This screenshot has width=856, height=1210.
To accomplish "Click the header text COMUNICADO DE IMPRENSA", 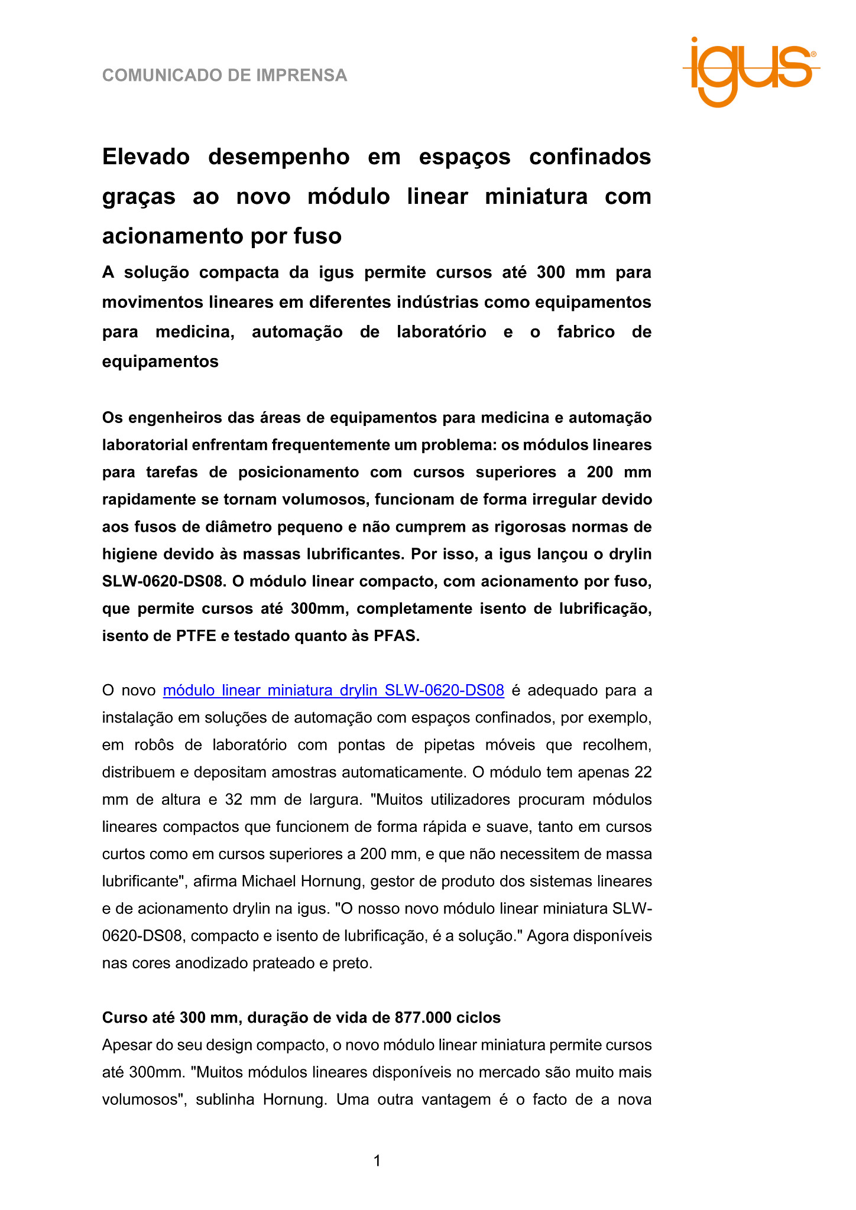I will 225,76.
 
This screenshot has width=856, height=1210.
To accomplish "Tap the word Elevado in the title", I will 145,157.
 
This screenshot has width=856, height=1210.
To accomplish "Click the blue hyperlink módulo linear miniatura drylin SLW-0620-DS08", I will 333,690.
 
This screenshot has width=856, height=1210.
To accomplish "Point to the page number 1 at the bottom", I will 377,1161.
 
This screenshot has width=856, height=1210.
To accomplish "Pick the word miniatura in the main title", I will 536,196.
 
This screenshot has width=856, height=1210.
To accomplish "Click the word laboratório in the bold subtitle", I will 441,331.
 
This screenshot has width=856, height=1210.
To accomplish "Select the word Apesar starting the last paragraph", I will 126,1045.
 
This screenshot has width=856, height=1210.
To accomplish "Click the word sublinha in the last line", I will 223,1100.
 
